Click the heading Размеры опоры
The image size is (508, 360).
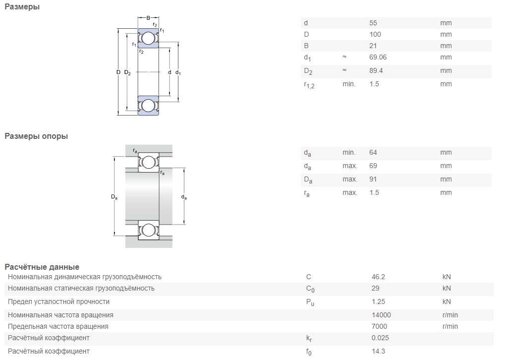point(36,136)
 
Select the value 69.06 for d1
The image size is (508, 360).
point(378,58)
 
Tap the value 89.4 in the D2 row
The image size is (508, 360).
point(376,70)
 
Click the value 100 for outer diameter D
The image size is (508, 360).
point(375,34)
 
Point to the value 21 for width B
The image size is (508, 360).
point(373,46)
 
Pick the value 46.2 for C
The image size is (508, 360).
point(378,277)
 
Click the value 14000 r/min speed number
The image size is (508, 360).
point(381,315)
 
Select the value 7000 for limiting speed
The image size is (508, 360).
point(379,326)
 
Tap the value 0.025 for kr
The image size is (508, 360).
point(380,338)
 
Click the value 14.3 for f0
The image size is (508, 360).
point(378,351)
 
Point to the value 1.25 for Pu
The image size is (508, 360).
point(378,301)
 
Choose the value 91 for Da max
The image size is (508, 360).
point(373,179)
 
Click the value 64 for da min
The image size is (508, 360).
point(373,152)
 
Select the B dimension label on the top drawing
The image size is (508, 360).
point(148,18)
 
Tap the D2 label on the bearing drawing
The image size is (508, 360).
point(127,72)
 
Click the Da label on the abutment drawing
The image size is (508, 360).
point(114,197)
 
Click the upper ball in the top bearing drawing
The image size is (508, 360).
point(148,38)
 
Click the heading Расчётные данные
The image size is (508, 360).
point(42,267)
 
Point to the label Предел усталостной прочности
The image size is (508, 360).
point(58,301)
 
